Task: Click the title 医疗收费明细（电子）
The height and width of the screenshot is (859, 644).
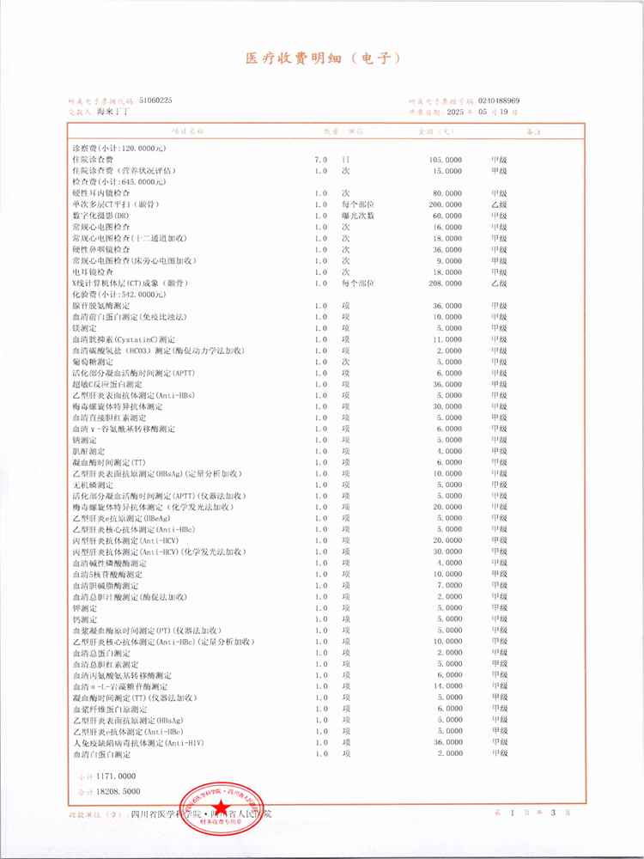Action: (x=323, y=59)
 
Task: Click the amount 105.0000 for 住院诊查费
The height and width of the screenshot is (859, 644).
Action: (x=446, y=160)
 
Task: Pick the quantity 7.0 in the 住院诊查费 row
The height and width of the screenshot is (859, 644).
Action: (x=320, y=160)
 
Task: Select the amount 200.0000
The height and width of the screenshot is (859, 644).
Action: (x=446, y=204)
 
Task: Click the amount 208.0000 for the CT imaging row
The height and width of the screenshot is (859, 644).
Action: (x=446, y=283)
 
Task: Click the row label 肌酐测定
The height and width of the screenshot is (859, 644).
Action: (x=88, y=451)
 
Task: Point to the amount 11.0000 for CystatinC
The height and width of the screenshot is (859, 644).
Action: (x=449, y=338)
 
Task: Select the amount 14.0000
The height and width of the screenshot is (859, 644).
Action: (x=449, y=686)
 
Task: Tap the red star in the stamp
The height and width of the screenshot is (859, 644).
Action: (x=223, y=808)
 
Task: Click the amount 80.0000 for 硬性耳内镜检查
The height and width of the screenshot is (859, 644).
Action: (x=448, y=193)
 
